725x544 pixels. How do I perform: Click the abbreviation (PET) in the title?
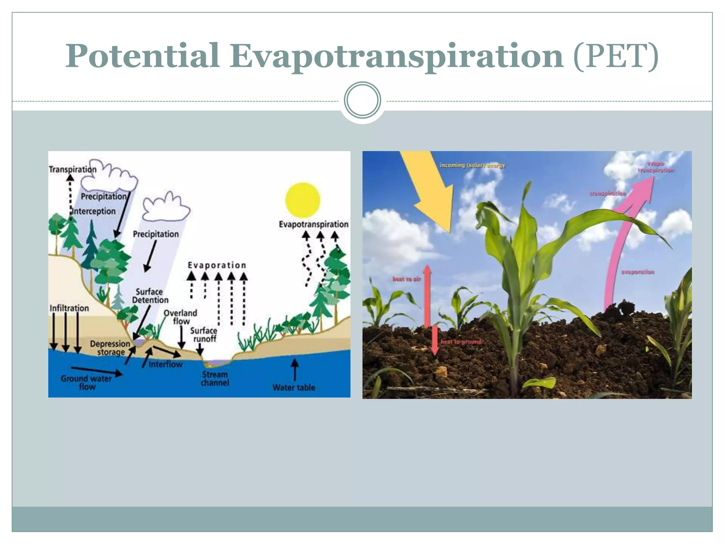click(616, 56)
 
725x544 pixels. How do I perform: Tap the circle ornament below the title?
click(362, 100)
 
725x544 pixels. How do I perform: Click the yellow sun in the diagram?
click(303, 200)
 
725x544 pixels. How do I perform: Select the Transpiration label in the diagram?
click(73, 169)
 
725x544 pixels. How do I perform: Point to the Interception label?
click(94, 211)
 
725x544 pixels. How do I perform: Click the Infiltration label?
click(69, 308)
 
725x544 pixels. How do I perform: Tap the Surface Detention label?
click(150, 296)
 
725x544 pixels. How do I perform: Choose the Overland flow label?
click(181, 317)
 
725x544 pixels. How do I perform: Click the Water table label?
click(293, 387)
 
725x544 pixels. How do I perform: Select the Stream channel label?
click(215, 379)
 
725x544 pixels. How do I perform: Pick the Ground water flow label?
click(86, 382)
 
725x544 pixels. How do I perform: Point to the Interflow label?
click(165, 364)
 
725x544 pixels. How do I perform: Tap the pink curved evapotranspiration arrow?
click(623, 241)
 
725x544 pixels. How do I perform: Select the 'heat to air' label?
click(407, 279)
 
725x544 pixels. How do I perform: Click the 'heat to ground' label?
click(461, 342)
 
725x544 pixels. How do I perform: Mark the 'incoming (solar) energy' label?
click(472, 165)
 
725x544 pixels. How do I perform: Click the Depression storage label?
click(110, 348)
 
